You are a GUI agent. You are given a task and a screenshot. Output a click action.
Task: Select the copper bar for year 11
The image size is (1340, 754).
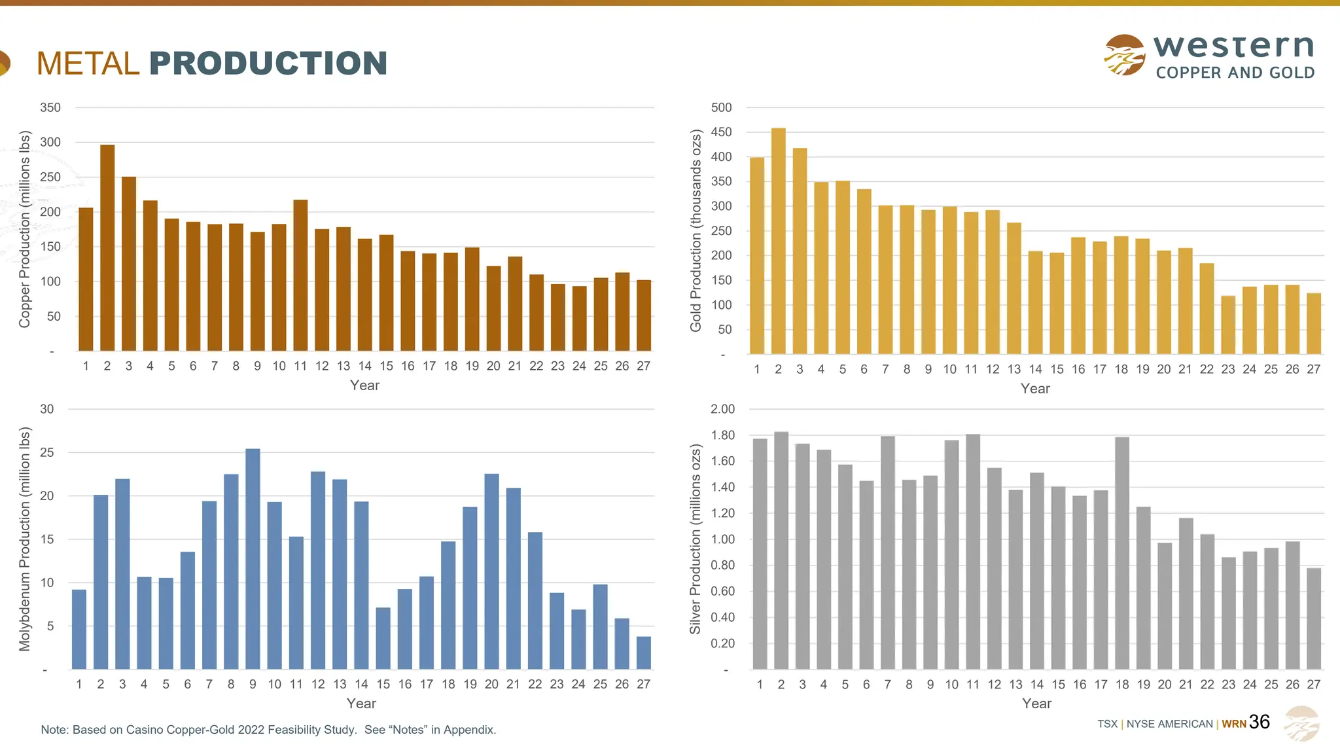(x=300, y=275)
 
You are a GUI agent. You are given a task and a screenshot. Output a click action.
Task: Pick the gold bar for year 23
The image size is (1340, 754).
(x=1228, y=325)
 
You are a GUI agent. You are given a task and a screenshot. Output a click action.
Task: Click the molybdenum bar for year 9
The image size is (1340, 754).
(x=253, y=559)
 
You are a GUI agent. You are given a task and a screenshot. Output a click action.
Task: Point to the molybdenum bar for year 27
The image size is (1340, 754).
(x=644, y=653)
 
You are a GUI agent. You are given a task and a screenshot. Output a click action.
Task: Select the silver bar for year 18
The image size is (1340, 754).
(x=1122, y=553)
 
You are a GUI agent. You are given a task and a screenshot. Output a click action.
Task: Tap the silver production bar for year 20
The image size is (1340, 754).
(x=1165, y=606)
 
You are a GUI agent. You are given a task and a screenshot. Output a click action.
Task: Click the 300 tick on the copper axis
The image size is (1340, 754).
(x=50, y=142)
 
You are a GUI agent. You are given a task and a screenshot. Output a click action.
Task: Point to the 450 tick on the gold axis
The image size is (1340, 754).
(x=721, y=132)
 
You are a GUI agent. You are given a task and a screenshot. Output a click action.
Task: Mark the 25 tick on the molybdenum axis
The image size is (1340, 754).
(x=47, y=452)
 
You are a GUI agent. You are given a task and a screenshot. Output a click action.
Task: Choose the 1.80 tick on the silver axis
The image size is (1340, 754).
(x=722, y=435)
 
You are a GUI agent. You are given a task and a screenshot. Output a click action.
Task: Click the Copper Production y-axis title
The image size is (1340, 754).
(x=25, y=229)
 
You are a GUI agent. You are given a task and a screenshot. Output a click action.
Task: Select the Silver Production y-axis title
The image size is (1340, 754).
(x=695, y=539)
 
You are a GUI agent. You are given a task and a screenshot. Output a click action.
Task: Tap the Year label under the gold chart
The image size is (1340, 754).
(x=1035, y=389)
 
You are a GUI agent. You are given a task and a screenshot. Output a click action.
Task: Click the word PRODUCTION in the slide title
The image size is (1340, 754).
(x=268, y=63)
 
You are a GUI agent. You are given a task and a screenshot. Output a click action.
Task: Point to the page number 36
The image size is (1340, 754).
(x=1259, y=722)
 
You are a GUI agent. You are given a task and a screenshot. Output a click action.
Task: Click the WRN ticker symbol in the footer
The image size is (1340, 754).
(x=1233, y=724)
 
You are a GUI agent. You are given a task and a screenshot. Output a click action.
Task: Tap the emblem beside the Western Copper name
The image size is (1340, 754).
(x=1124, y=55)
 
